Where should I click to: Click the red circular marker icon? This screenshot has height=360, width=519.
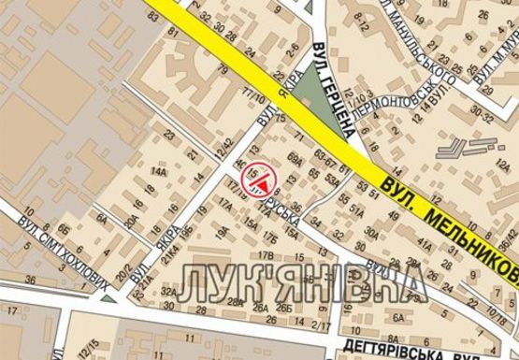[257, 179]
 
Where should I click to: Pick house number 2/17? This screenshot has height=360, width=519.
[322, 324]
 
